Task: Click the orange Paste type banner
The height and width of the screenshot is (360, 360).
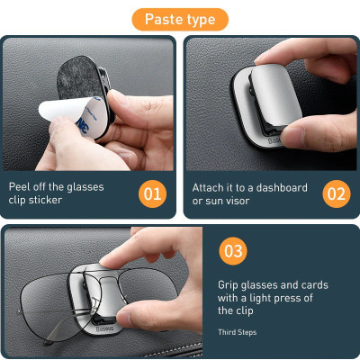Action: tap(180, 19)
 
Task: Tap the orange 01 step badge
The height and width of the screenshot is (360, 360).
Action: tap(153, 193)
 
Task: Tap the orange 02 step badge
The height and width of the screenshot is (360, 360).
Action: tap(336, 193)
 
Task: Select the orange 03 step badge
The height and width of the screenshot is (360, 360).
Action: tap(233, 251)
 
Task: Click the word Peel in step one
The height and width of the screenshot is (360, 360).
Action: tap(22, 187)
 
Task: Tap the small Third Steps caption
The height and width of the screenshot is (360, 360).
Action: tap(237, 332)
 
